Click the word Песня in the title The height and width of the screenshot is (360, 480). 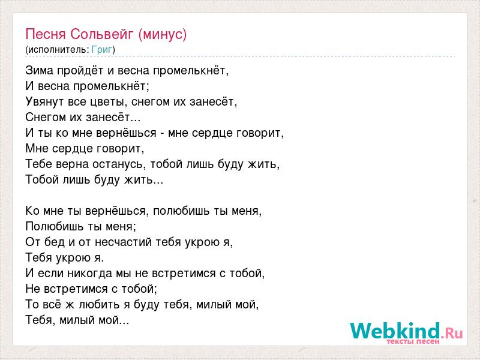[x=46, y=34]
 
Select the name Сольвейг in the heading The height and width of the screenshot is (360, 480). [x=102, y=34]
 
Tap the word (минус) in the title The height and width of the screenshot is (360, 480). [x=162, y=35]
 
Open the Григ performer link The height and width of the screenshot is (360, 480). [x=101, y=50]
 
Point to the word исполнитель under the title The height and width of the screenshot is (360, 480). [x=58, y=50]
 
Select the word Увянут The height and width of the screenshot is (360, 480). [x=45, y=102]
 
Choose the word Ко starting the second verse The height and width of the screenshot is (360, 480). [x=32, y=211]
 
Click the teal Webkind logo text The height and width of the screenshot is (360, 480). [x=395, y=331]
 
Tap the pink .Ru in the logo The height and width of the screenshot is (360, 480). [x=452, y=333]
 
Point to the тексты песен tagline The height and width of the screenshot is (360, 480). [x=413, y=341]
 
